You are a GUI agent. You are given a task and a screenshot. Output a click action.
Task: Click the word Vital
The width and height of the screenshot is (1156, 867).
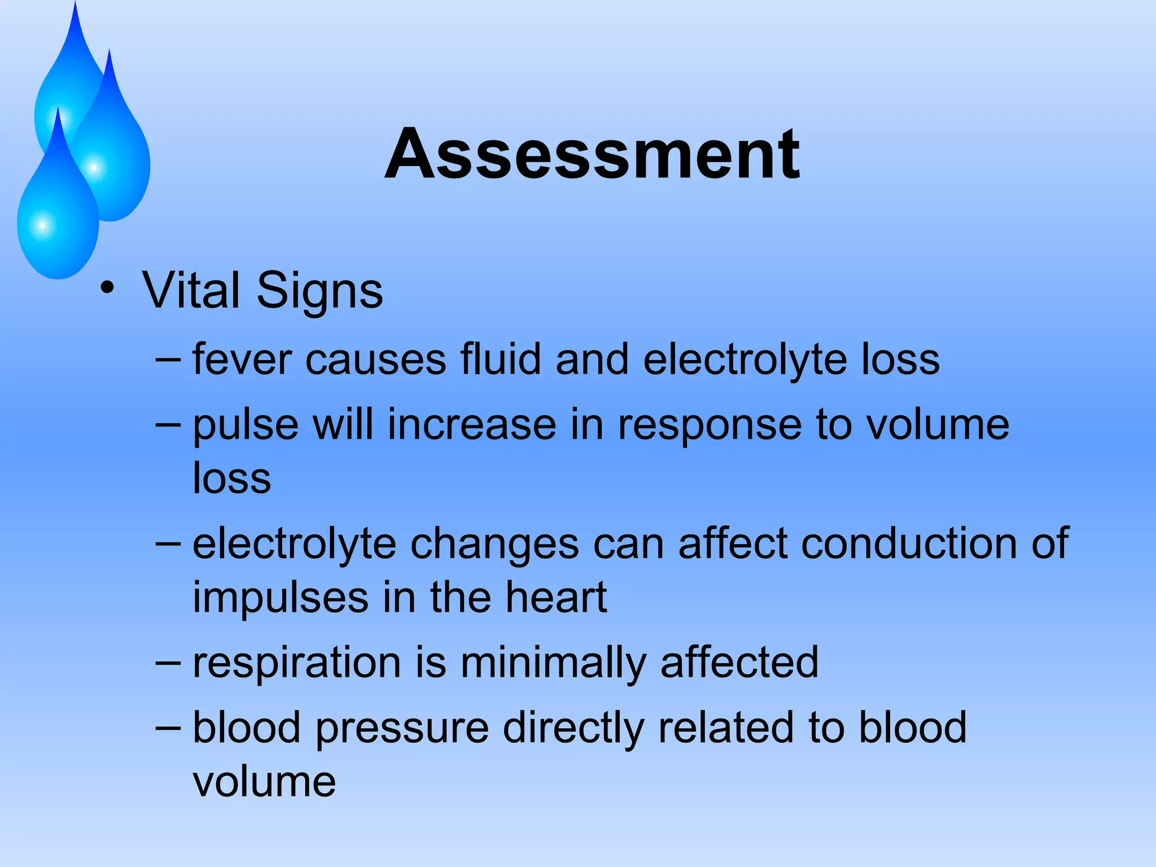tap(191, 290)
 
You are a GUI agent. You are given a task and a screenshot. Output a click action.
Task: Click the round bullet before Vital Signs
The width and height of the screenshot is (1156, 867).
tap(107, 288)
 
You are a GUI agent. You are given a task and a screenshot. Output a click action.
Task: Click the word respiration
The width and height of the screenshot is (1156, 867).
tap(296, 663)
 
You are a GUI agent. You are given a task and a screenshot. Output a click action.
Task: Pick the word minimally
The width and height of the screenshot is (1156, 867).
tap(553, 663)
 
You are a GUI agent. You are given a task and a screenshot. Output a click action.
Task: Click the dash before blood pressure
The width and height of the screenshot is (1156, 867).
tap(168, 728)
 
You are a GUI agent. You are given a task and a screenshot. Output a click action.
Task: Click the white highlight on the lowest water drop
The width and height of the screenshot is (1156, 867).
tap(42, 226)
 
